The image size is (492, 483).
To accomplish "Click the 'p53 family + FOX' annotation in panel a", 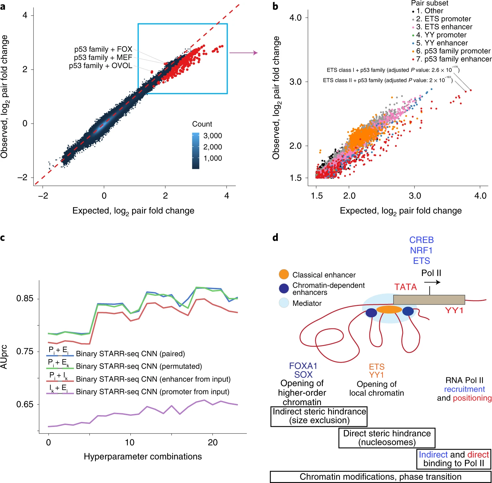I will [x=103, y=49].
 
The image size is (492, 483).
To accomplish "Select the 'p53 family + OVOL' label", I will [x=100, y=66].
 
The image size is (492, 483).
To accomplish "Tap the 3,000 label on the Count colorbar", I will [x=213, y=136].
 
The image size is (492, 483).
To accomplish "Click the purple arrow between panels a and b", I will [x=243, y=53].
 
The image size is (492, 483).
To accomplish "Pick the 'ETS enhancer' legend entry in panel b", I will [x=444, y=27].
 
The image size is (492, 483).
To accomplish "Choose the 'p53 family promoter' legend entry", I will [x=453, y=51].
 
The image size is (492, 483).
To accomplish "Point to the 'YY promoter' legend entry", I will [x=441, y=35].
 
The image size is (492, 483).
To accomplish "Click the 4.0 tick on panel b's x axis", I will [x=480, y=196].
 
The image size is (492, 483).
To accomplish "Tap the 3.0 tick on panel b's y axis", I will [x=295, y=82].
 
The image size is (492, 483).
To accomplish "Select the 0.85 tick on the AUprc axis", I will [x=25, y=298].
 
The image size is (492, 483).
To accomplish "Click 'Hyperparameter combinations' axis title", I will [x=143, y=456].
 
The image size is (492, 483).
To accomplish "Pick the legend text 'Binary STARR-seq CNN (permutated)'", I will [x=139, y=366].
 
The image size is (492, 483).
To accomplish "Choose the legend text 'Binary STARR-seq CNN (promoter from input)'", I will [x=153, y=392].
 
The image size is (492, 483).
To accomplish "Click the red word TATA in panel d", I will [x=405, y=287].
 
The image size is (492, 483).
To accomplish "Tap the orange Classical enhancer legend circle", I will [x=284, y=274].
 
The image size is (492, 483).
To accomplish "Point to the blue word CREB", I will [x=421, y=240].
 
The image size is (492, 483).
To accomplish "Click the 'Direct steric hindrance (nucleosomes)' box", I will [x=387, y=438].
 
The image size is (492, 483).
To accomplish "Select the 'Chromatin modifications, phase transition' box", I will [x=380, y=476].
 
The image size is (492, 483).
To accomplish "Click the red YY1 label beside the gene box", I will [x=454, y=310].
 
